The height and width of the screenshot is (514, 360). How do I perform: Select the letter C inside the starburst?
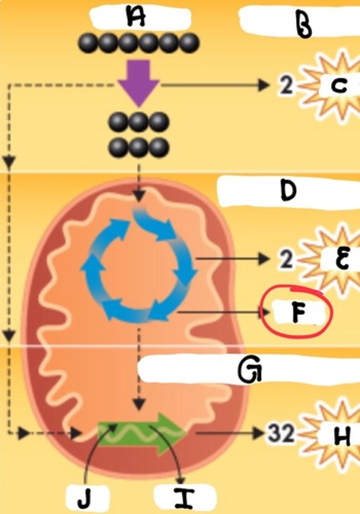pyautogui.click(x=339, y=87)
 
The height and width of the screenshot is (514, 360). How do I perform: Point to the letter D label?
pyautogui.click(x=288, y=191)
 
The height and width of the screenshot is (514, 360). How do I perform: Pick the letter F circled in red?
pyautogui.click(x=298, y=314)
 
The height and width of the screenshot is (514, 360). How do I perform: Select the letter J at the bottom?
pyautogui.click(x=86, y=499)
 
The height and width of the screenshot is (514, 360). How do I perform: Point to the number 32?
pyautogui.click(x=281, y=434)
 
